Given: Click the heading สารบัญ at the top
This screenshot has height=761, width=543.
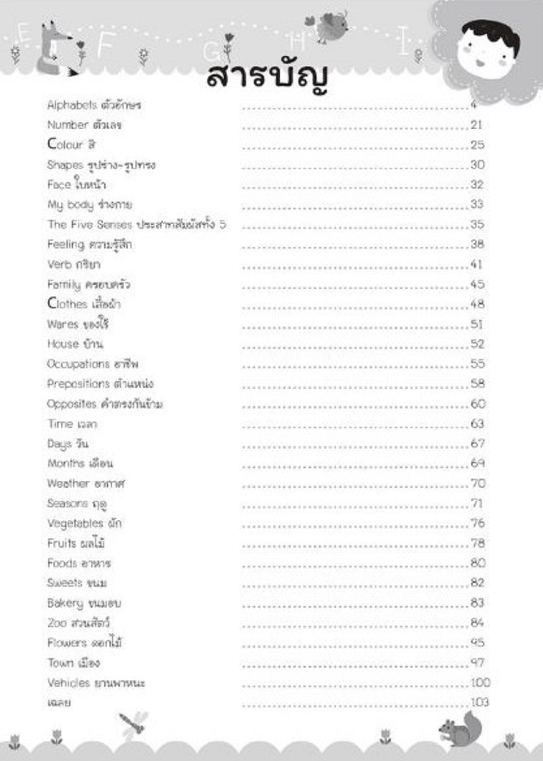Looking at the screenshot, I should pyautogui.click(x=268, y=78).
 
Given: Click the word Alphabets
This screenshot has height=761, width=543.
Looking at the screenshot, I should pyautogui.click(x=72, y=105).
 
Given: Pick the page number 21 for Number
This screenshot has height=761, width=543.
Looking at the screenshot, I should pyautogui.click(x=476, y=125).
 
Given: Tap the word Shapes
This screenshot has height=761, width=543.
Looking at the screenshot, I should pyautogui.click(x=65, y=165).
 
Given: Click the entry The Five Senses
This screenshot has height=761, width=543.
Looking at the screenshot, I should pyautogui.click(x=89, y=225).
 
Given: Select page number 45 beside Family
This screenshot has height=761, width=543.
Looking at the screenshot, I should pyautogui.click(x=478, y=284).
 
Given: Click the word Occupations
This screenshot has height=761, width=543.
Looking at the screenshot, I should pyautogui.click(x=78, y=364).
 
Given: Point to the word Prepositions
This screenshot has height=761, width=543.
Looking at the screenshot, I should pyautogui.click(x=78, y=384).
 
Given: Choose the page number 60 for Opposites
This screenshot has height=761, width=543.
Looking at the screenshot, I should pyautogui.click(x=478, y=404).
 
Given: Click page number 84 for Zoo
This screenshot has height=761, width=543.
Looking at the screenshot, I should pyautogui.click(x=478, y=623).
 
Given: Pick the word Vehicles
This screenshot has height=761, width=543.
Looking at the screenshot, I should pyautogui.click(x=69, y=683).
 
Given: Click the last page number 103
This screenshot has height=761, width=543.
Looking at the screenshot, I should pyautogui.click(x=480, y=702).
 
